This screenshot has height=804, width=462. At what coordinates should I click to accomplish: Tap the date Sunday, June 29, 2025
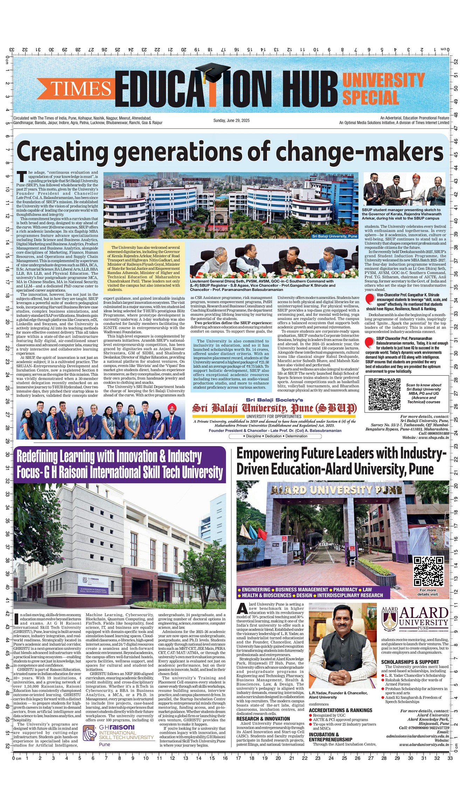click(x=231, y=121)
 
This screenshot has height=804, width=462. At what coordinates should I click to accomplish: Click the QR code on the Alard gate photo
click(x=428, y=571)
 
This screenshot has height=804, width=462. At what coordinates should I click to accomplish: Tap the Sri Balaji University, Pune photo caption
click(x=335, y=236)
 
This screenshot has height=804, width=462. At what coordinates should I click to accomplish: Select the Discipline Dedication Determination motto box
click(x=275, y=436)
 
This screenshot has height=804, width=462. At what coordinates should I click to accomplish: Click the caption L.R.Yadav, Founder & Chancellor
click(x=338, y=693)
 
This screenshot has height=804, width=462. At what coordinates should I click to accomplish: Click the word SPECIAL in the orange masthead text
click(x=370, y=97)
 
